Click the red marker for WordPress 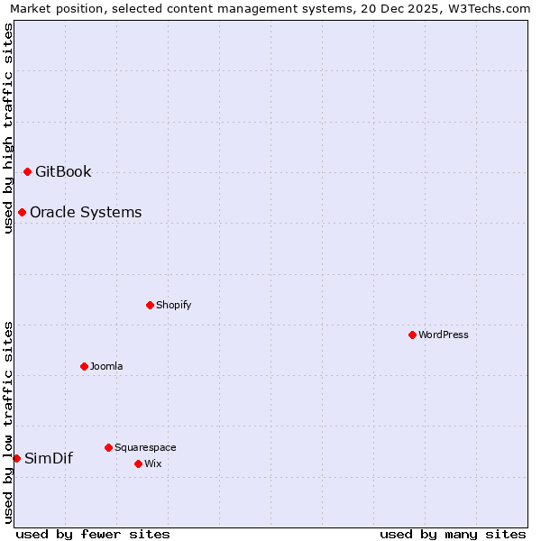412,335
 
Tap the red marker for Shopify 150,305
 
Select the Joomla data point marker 84,366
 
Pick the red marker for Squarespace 108,447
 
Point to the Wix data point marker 138,463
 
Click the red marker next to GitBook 27,171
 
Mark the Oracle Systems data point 22,212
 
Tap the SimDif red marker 16,458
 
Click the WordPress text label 444,335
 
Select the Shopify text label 174,305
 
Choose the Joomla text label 106,366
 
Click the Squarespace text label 145,447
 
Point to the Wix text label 153,463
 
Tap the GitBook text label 63,171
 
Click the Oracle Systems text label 86,212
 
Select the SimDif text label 49,458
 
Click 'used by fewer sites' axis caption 93,534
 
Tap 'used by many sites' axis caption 453,534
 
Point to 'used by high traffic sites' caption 8,128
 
